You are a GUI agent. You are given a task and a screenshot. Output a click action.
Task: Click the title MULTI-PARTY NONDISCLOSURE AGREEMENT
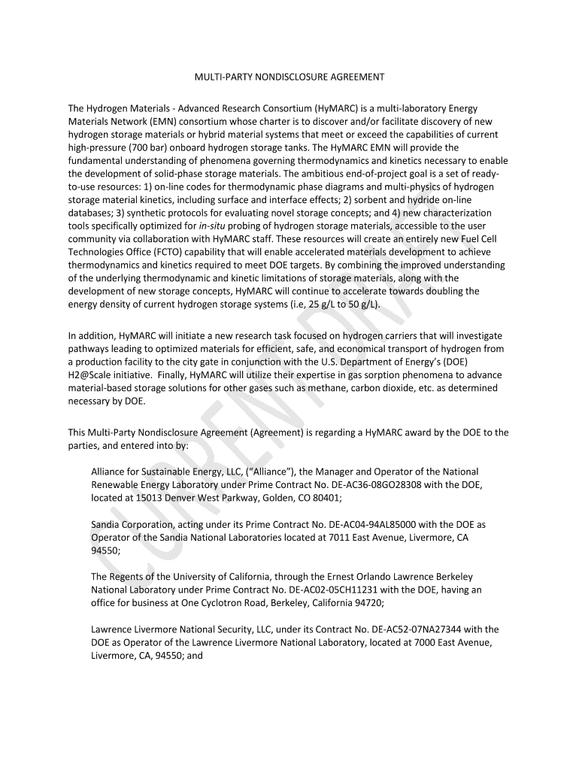[289, 77]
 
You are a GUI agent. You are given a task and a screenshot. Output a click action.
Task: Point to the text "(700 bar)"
[138, 147]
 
